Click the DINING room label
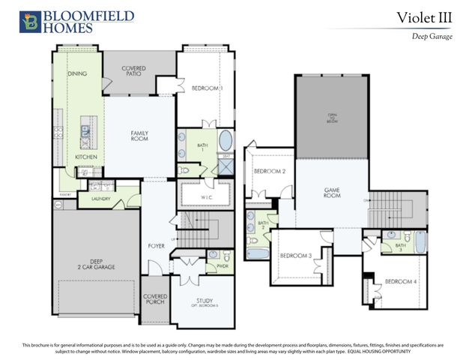click(x=77, y=73)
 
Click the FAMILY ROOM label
click(x=139, y=136)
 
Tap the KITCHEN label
click(x=85, y=156)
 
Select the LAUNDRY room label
click(x=100, y=199)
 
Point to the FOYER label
click(x=156, y=245)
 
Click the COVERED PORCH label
click(x=154, y=299)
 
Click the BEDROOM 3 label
click(x=295, y=256)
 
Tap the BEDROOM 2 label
click(x=270, y=171)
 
